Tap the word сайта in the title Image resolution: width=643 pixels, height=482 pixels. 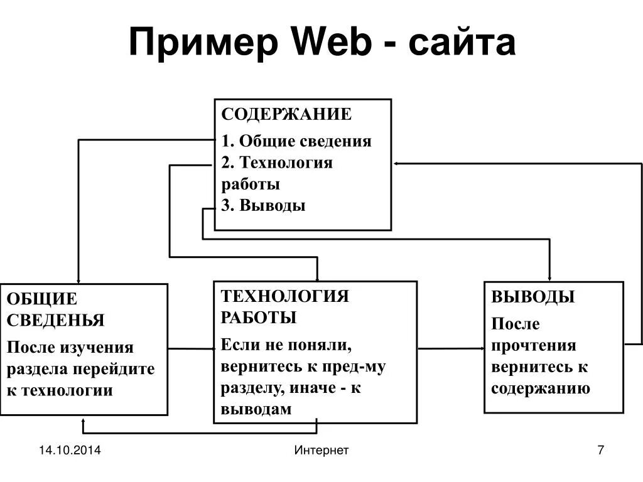462,43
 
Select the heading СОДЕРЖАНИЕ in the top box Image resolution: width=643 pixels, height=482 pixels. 286,114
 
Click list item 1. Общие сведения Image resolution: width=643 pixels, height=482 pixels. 296,141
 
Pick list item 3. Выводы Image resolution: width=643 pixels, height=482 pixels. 263,205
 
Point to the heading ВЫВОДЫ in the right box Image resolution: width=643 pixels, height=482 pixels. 532,297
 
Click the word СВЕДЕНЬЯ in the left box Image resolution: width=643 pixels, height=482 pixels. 55,320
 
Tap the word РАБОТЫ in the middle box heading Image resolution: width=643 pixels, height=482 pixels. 258,318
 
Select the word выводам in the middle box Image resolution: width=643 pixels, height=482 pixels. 256,409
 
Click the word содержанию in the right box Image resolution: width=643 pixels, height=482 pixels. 540,388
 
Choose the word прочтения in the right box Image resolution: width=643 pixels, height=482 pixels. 534,346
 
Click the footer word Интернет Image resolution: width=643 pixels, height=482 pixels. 321,450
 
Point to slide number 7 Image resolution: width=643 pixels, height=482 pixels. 600,450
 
